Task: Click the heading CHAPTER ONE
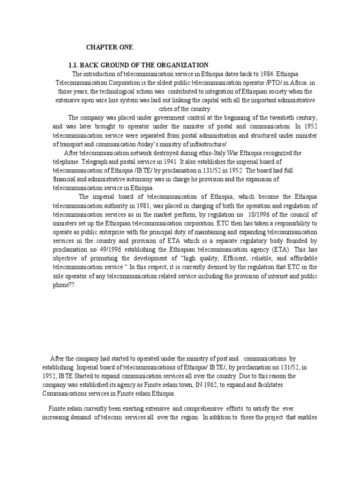(109, 47)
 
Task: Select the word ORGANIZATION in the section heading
(183, 65)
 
